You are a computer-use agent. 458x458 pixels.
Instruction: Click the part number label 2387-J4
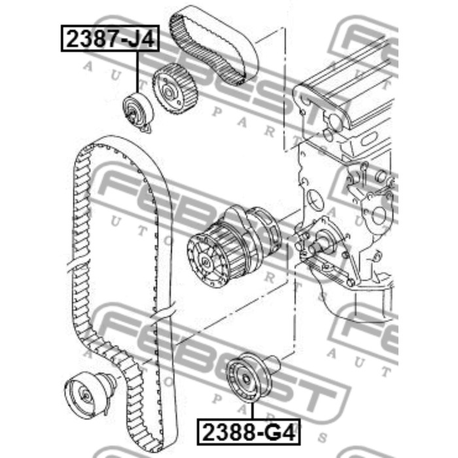110,39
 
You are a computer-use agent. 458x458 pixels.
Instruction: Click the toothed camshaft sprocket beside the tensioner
175,88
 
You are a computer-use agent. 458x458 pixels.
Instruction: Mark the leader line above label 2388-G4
252,412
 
